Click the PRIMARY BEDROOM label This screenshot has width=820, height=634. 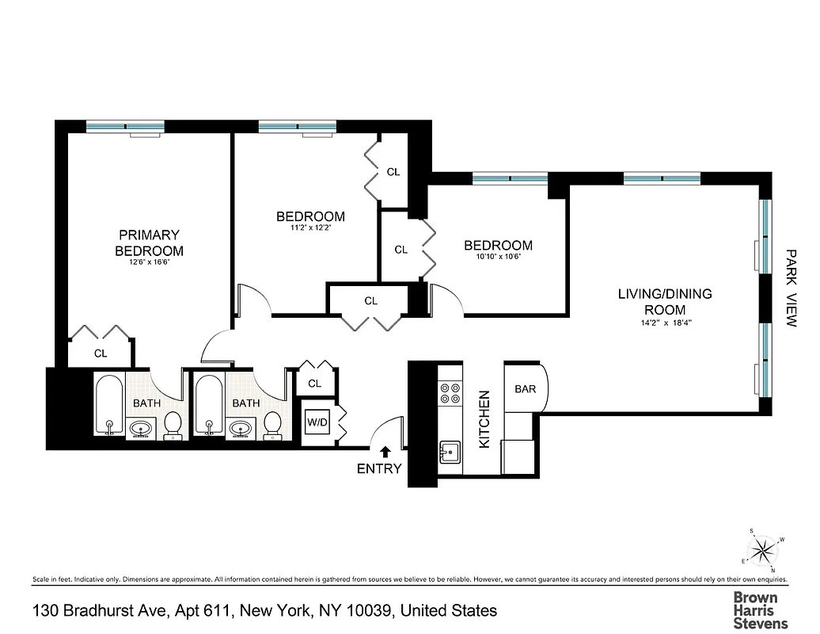click(x=149, y=243)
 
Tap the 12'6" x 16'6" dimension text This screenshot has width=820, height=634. click(x=149, y=262)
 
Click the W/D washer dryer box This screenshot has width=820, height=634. click(x=317, y=422)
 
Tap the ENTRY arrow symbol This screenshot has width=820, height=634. click(x=385, y=452)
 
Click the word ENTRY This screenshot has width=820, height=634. click(x=380, y=468)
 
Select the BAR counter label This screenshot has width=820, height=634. click(x=525, y=389)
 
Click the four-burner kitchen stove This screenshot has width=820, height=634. click(x=450, y=394)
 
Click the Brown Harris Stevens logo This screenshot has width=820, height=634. click(x=755, y=609)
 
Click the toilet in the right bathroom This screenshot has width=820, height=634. click(x=271, y=426)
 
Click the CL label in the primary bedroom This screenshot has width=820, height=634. click(x=101, y=353)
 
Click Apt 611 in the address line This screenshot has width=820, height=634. click(x=179, y=610)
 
